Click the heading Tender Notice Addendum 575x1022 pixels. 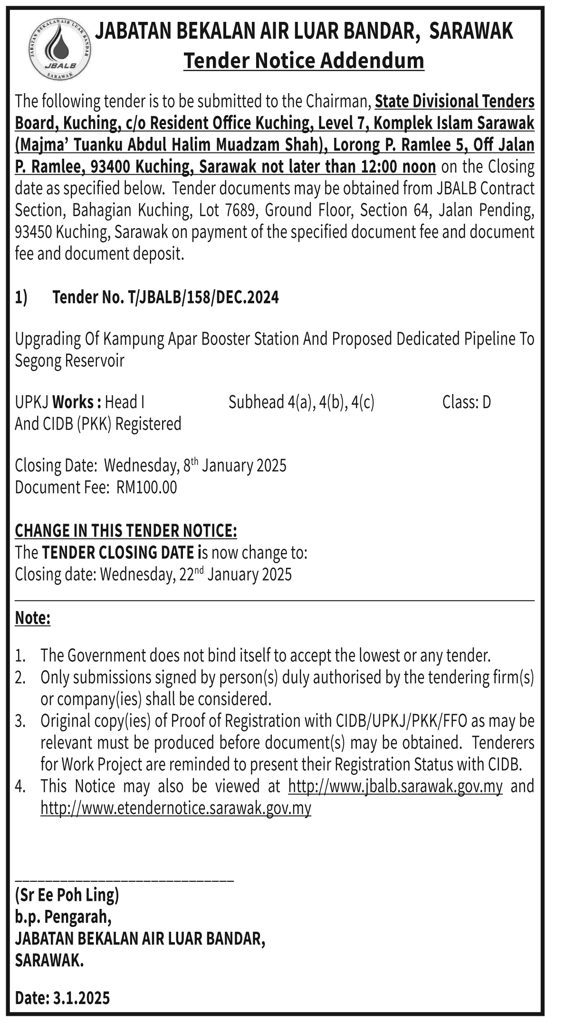[304, 61]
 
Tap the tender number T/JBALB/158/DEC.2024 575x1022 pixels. [203, 297]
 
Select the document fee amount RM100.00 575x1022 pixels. [146, 487]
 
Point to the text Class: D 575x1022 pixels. [466, 402]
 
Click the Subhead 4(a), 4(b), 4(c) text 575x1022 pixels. [301, 402]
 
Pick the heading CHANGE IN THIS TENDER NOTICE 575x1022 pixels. [126, 531]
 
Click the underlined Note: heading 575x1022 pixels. [33, 618]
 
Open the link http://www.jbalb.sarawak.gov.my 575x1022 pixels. [395, 786]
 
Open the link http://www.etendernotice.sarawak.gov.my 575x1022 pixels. [176, 808]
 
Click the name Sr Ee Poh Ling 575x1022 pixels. [67, 895]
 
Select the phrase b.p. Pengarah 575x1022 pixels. [63, 917]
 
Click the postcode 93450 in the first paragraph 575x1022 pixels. [33, 232]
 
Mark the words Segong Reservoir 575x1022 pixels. [69, 361]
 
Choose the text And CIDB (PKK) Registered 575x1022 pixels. [98, 423]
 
